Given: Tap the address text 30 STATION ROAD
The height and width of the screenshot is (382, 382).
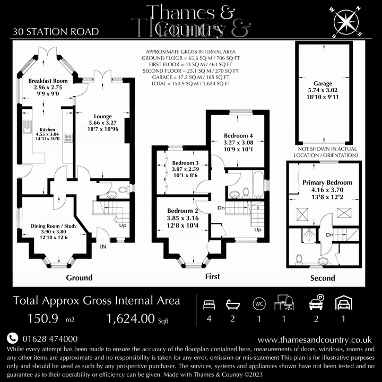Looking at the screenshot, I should click(55, 32).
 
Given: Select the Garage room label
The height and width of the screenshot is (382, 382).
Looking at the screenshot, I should click(322, 83).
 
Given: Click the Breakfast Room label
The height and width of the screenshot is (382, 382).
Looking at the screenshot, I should click(48, 81).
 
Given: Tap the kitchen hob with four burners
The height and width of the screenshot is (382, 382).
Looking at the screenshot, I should click(68, 138).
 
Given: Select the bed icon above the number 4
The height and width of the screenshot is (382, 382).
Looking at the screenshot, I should click(210, 305).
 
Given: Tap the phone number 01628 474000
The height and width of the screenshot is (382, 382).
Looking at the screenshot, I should click(49, 338).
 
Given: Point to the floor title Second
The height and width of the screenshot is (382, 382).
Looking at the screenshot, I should click(323, 277).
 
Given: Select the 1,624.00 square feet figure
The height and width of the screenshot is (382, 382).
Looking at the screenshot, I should click(131, 319).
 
